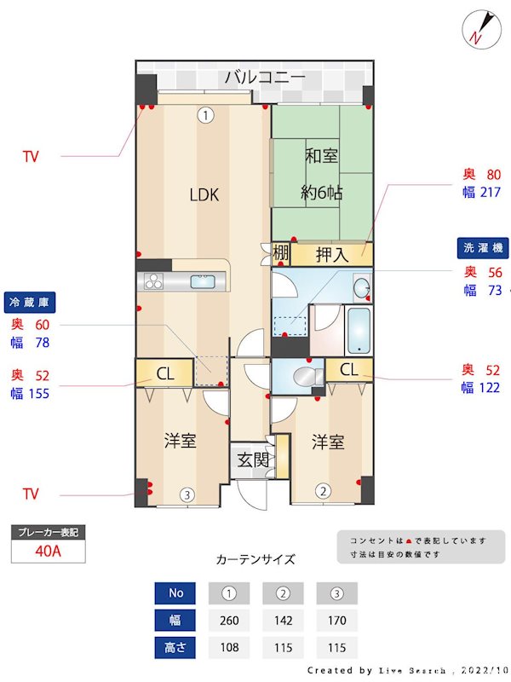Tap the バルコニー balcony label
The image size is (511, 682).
pos(265,78)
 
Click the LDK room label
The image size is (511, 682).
pos(204,195)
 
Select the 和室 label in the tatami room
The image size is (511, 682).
pos(323,156)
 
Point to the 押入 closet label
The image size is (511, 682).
pos(332,254)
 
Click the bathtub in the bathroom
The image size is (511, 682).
pos(359,329)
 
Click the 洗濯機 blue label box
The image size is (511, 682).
pos(483,249)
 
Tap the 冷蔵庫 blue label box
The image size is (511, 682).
pos(30,302)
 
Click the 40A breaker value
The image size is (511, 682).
pos(49,551)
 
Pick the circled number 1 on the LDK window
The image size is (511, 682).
pos(204,114)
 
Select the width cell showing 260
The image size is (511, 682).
pos(228,620)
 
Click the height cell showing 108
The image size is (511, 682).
pos(228,648)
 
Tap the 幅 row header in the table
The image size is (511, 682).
pos(175,620)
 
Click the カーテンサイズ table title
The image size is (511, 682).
pos(255,560)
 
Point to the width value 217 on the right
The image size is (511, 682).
pos(490,192)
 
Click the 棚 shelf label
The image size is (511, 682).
pos(280,253)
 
